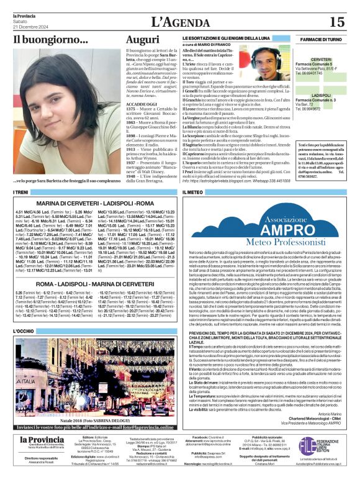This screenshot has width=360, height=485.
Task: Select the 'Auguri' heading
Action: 142,39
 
